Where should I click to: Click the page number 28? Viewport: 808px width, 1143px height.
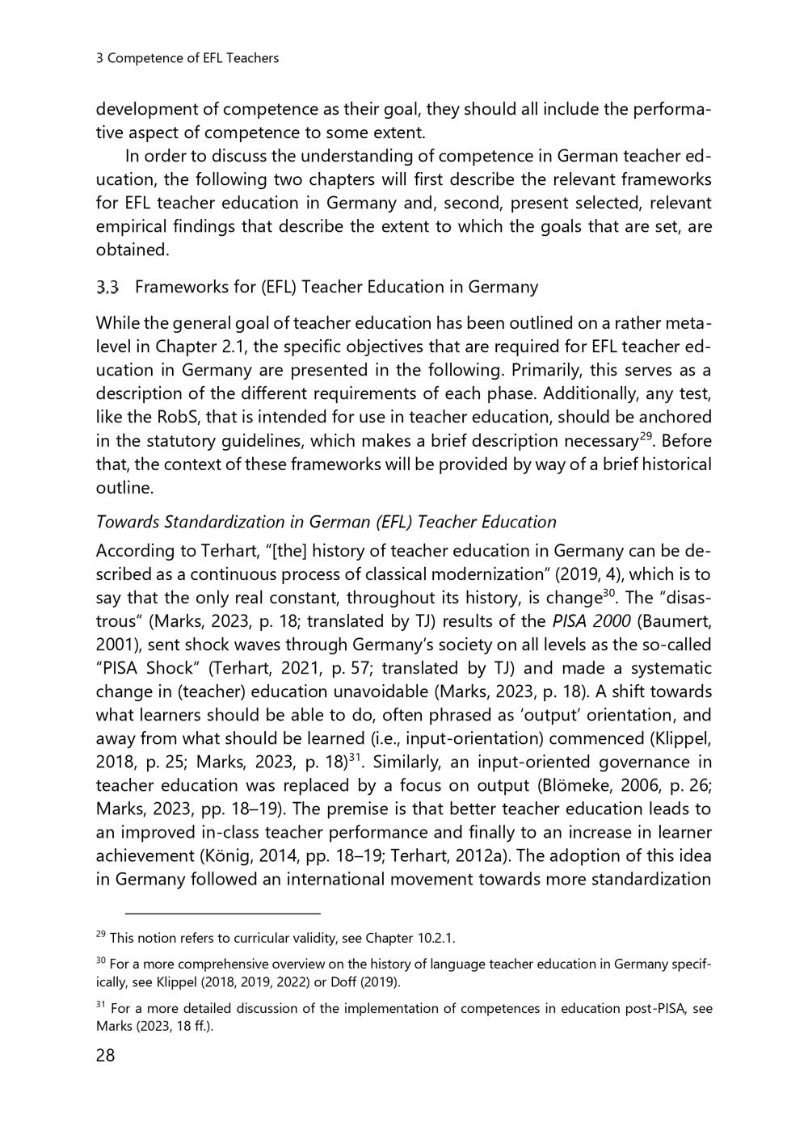click(x=106, y=1056)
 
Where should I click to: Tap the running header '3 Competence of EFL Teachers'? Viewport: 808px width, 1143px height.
click(x=187, y=58)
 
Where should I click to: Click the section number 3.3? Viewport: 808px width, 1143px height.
click(x=107, y=287)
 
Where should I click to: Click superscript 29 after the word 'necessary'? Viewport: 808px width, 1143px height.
click(x=646, y=436)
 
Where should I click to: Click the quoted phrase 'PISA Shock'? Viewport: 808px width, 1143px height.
click(x=150, y=668)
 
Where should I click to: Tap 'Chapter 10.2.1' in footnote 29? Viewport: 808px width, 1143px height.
click(x=410, y=939)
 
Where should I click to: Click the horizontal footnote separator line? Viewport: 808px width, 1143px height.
click(x=224, y=914)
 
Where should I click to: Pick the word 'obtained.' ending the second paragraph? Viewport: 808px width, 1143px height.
click(x=133, y=250)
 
